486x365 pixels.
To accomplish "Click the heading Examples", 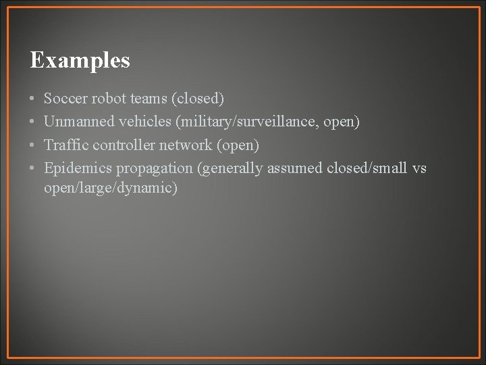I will tap(80, 61).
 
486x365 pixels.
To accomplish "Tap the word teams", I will tap(147, 99).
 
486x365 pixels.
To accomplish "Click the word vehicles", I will tap(138, 122).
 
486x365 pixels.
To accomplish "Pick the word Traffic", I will tap(66, 145).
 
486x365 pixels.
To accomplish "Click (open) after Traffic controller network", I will tap(238, 145).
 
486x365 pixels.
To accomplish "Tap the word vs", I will tap(418, 168).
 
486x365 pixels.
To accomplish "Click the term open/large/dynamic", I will tap(111, 188).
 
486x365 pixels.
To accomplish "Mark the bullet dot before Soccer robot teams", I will tap(32, 99).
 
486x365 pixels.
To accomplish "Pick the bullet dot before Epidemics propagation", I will tap(32, 168).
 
